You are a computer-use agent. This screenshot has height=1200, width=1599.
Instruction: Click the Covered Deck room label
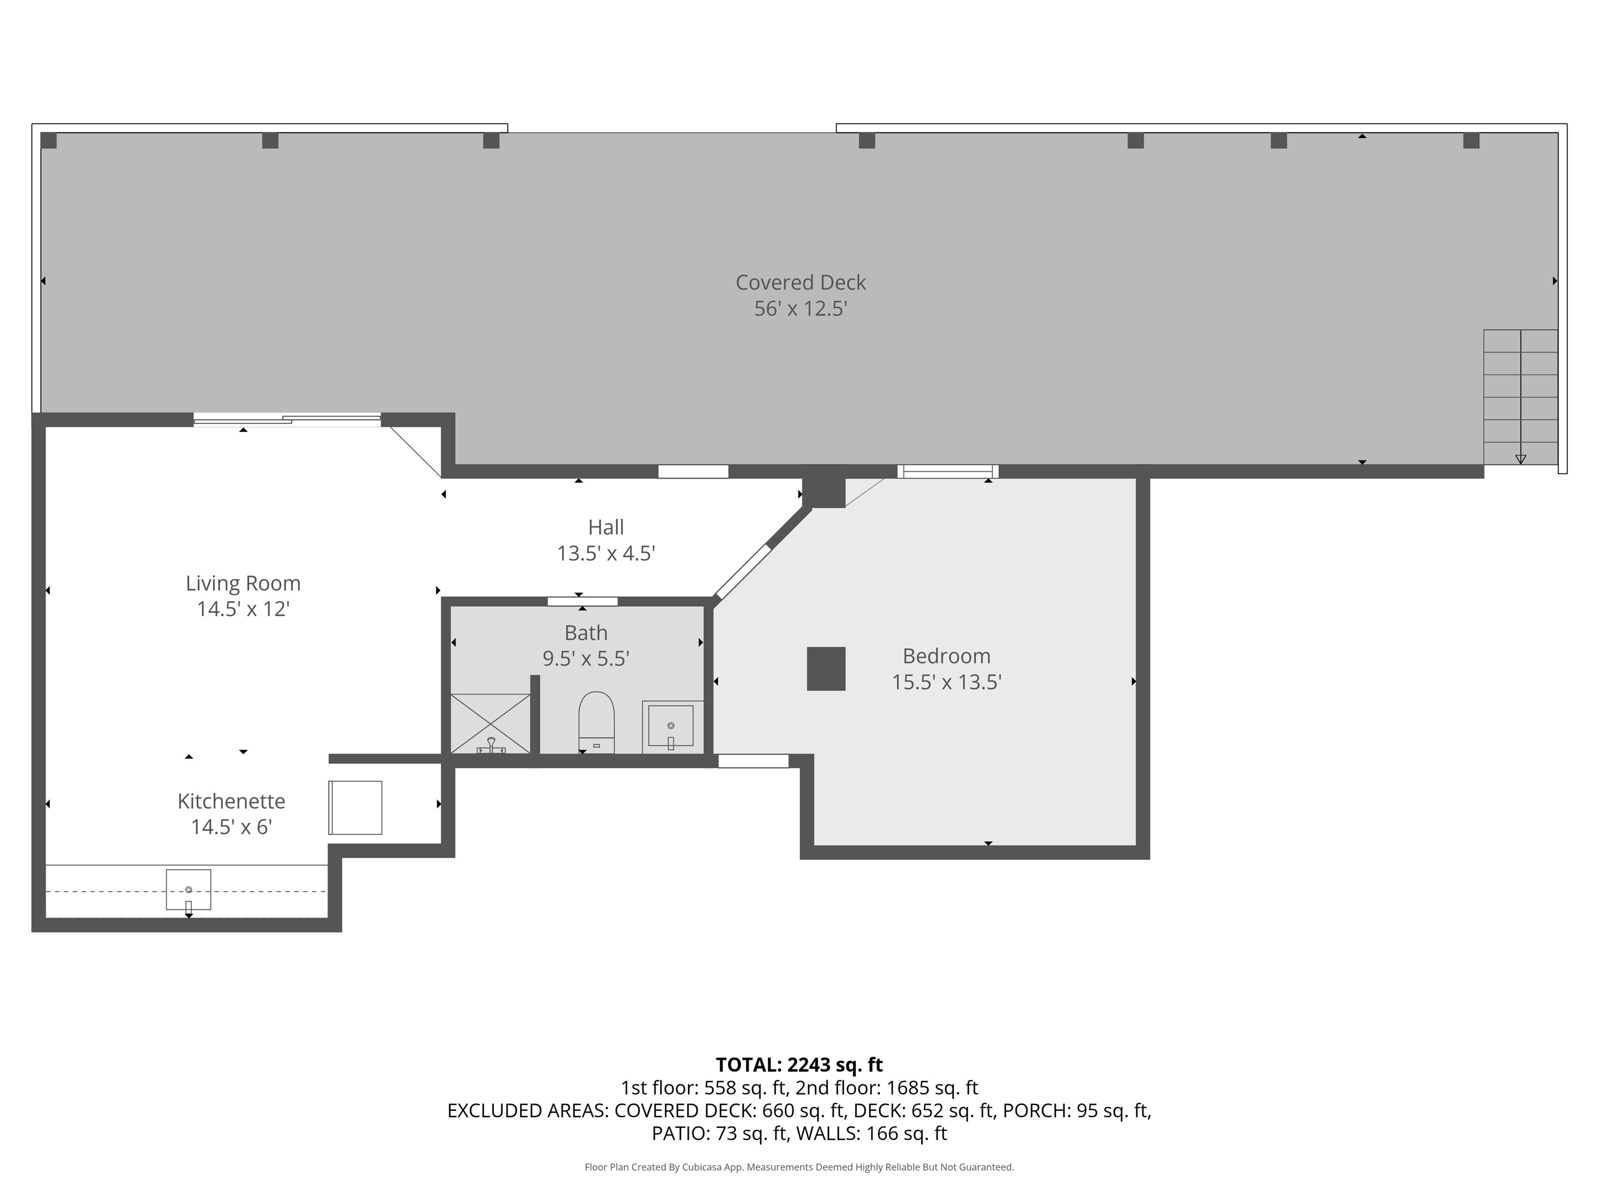point(800,282)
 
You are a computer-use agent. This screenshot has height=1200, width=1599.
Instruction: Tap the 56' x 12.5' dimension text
point(800,309)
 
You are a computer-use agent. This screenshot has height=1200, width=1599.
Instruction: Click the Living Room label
point(243,583)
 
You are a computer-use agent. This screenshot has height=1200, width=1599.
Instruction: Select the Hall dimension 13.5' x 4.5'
point(606,553)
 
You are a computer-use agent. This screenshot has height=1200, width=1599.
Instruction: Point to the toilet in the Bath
point(597,721)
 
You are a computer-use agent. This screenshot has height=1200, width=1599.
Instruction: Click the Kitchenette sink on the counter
point(188,890)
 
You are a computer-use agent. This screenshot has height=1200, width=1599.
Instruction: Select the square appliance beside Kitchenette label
point(355,807)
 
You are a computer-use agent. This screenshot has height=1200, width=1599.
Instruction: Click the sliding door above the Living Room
point(287,419)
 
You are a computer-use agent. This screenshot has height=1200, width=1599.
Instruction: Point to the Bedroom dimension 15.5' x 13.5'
point(946,682)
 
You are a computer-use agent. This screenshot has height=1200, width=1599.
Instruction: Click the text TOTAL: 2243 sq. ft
point(799,1065)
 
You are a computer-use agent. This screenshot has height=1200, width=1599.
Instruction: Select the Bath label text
point(586,633)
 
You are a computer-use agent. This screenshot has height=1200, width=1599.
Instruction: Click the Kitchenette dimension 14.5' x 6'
point(231,827)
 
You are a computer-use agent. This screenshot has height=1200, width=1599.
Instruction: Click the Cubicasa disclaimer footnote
point(799,1167)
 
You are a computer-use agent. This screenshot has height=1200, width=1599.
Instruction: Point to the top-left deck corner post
point(48,140)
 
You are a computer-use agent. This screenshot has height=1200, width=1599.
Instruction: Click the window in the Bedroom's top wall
point(948,471)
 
